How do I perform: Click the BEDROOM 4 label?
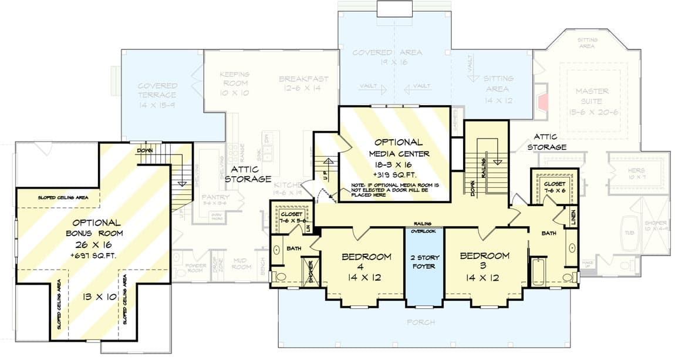point(366,257)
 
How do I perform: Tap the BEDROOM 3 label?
point(484,256)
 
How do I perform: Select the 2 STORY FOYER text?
point(425,262)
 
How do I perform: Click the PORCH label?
point(420,322)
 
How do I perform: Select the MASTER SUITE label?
point(592,96)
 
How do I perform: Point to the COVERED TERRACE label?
point(157,90)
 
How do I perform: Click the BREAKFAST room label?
point(303,79)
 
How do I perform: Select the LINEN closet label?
point(573,217)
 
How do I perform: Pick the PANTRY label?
point(215,197)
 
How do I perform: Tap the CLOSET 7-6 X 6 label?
point(555,187)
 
